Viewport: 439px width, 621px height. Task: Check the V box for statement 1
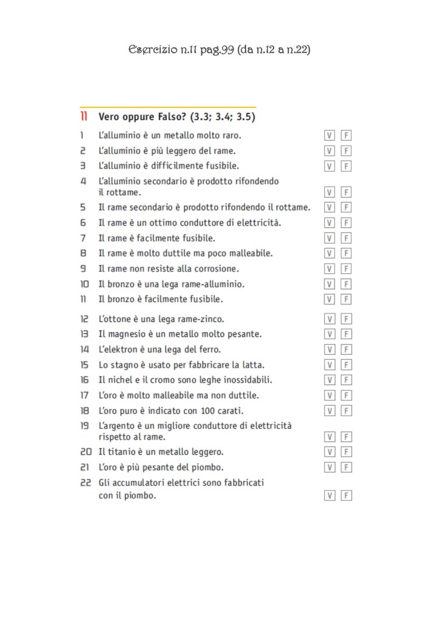click(x=330, y=136)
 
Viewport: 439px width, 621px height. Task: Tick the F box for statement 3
click(x=346, y=166)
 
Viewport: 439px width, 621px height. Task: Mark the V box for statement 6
click(x=330, y=223)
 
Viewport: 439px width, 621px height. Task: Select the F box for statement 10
click(x=346, y=284)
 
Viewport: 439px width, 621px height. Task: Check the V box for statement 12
click(x=330, y=319)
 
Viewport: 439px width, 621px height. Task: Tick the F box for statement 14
click(x=346, y=350)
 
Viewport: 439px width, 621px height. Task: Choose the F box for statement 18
click(x=346, y=411)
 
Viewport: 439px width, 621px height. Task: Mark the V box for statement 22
click(x=330, y=496)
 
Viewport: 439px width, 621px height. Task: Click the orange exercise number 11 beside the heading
click(x=84, y=116)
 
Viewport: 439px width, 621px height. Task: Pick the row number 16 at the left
click(x=85, y=380)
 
